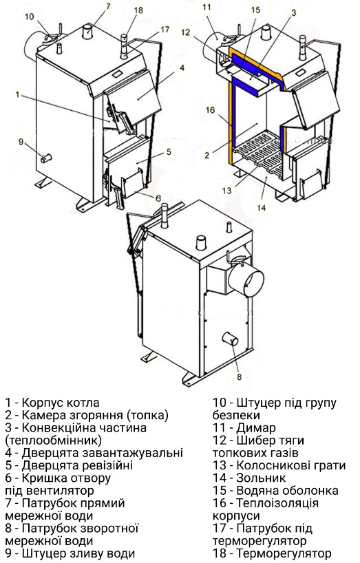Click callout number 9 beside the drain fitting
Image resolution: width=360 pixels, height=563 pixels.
21,142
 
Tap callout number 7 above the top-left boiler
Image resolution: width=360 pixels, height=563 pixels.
108,6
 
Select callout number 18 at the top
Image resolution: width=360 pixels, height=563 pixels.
138,10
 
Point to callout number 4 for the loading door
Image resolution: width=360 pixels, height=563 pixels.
182,67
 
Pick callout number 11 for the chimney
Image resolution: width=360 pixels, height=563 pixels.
207,7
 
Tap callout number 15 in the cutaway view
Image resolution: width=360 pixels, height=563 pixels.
255,10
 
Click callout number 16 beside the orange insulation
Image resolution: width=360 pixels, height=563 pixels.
210,110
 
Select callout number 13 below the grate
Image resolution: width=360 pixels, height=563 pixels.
227,190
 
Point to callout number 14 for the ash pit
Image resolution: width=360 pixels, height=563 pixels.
262,208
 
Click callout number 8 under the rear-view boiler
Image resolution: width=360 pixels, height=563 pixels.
240,377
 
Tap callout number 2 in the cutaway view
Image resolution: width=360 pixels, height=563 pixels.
207,155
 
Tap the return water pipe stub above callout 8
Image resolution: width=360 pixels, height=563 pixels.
230,339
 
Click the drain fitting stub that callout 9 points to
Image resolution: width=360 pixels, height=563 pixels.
46,158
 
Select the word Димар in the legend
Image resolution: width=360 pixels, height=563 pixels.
256,427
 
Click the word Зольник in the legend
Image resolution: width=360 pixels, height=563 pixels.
261,478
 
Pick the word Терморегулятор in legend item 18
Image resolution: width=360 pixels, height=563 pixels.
284,553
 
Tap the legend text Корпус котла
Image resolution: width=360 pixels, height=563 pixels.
61,403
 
